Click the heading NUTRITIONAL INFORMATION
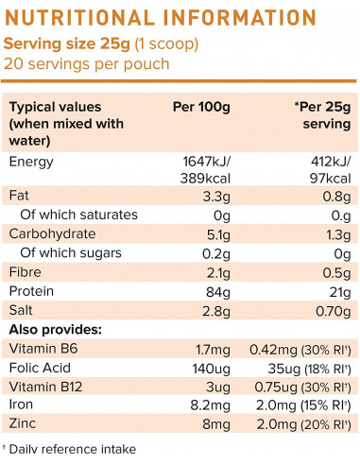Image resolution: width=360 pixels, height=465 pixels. [162, 18]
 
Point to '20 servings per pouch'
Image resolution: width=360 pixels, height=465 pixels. [87, 63]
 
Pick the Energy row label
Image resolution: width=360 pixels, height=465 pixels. [32, 162]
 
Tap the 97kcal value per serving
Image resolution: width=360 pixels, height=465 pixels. [330, 179]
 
